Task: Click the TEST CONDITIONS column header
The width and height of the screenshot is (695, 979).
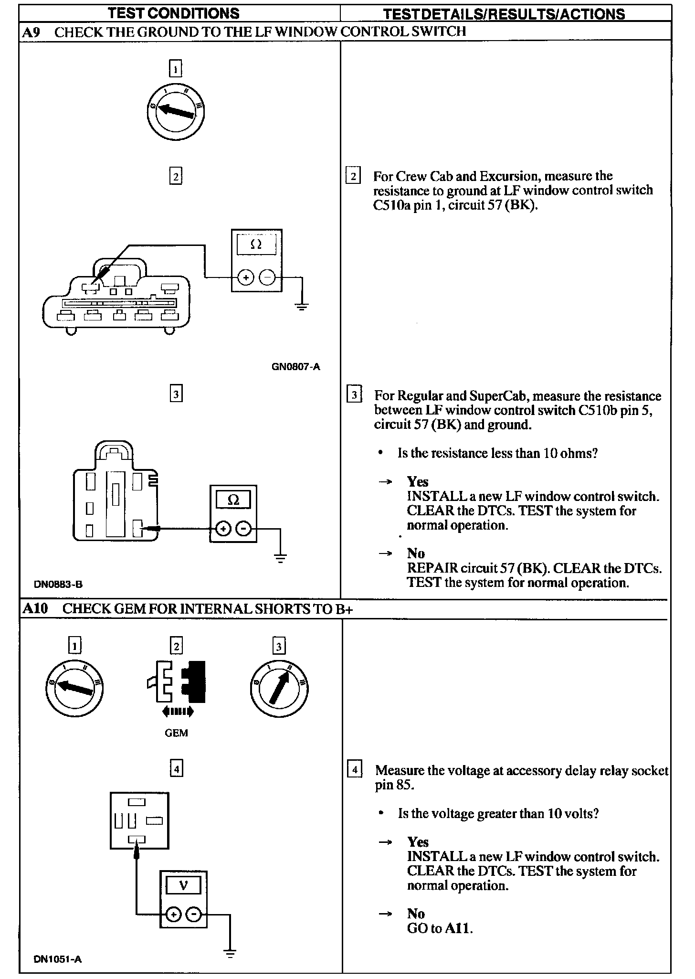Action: pyautogui.click(x=174, y=13)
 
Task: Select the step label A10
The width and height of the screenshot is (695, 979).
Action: pyautogui.click(x=35, y=609)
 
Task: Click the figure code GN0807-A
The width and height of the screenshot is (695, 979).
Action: pyautogui.click(x=296, y=367)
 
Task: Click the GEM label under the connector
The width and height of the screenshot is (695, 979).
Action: pyautogui.click(x=176, y=733)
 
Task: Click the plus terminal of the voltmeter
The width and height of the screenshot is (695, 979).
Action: pyautogui.click(x=173, y=915)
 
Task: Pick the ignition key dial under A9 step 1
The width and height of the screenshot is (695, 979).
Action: pyautogui.click(x=176, y=111)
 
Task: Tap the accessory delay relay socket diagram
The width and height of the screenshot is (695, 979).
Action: pyautogui.click(x=139, y=820)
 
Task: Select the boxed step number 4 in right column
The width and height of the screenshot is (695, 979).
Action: pyautogui.click(x=354, y=771)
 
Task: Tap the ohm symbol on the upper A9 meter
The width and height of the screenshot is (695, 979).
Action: pyautogui.click(x=256, y=245)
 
